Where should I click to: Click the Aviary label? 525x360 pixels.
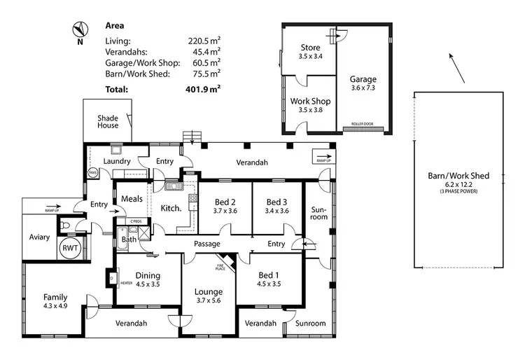pos(39,237)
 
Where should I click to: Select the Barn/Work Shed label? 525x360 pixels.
pos(458,176)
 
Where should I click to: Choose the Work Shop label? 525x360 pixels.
pos(310,102)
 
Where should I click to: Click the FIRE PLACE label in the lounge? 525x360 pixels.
pos(219,268)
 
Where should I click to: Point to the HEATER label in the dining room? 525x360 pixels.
pos(126,283)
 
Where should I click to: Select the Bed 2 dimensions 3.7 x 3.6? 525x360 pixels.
pos(225,210)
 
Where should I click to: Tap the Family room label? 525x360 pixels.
pos(55,297)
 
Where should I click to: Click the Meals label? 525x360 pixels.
pos(132,199)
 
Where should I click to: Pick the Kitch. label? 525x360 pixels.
pos(171,208)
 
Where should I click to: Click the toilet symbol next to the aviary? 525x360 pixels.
pos(64,226)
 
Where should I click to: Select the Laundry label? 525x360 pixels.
pos(118,162)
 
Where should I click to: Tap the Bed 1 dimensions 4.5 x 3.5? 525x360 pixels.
pos(269,284)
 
